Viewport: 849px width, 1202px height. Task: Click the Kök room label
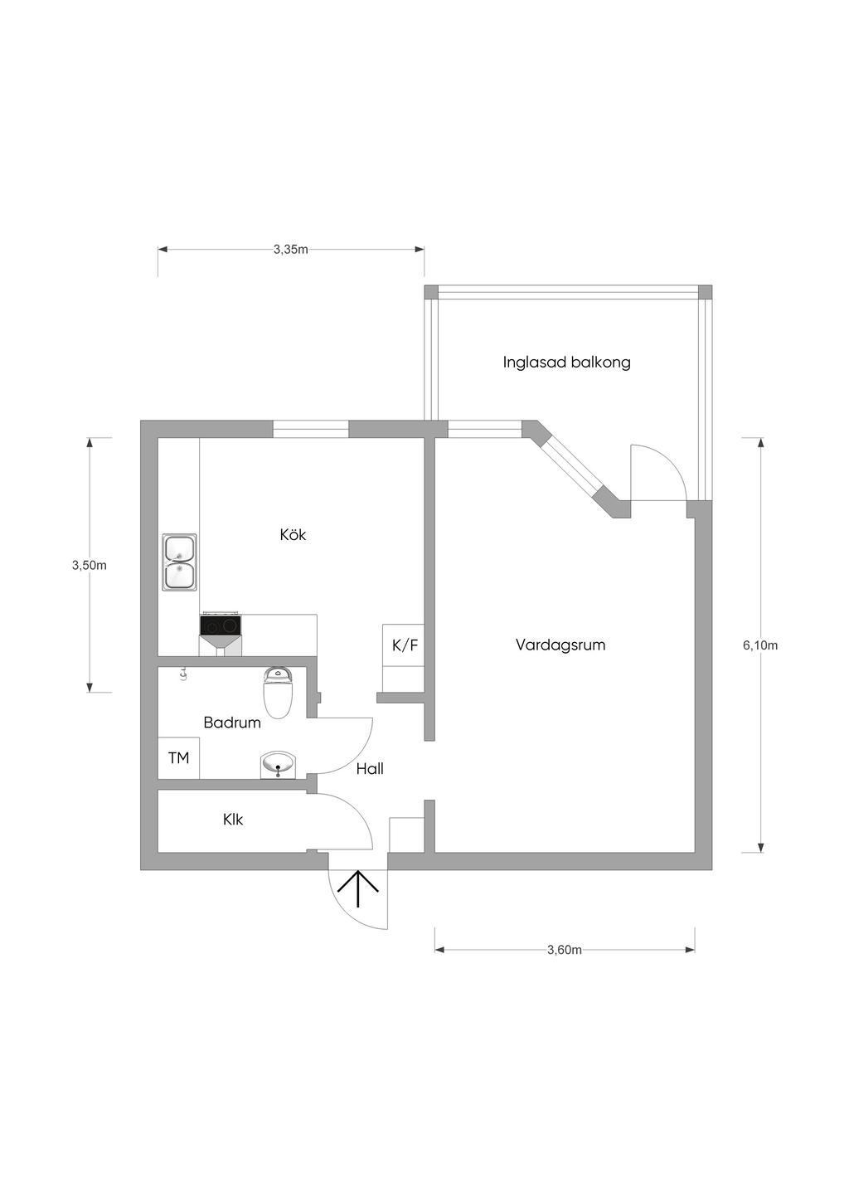point(293,534)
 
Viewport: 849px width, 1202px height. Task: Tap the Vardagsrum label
point(560,645)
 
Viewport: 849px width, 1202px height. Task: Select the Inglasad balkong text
point(566,363)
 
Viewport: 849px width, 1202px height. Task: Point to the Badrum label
point(232,723)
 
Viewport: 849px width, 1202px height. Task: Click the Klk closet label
point(233,820)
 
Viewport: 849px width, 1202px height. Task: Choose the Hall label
point(370,769)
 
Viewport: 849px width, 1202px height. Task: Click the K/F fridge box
point(403,645)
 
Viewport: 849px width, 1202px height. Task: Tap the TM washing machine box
point(178,757)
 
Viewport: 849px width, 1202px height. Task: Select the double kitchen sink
point(179,563)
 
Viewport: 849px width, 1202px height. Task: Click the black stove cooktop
point(221,625)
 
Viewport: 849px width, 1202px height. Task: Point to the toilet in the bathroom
point(277,693)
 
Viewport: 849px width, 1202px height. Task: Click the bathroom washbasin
point(278,765)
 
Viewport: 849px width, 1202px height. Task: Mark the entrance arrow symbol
point(357,888)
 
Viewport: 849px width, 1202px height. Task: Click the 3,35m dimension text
point(291,250)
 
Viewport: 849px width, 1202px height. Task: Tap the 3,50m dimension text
point(90,565)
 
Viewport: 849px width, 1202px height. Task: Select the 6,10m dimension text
point(760,645)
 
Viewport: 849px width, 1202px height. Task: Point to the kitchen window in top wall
point(311,430)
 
